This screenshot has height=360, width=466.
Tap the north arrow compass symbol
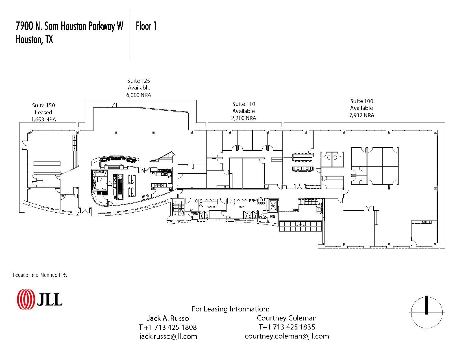tap(427, 312)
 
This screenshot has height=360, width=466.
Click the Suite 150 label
tap(43, 105)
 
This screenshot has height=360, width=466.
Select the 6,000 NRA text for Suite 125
tap(138, 95)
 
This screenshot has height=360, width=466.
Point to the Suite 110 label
tap(243, 104)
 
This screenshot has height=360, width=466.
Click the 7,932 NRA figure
tap(362, 115)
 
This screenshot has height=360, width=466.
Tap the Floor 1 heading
tap(146, 26)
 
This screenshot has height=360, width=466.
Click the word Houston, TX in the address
tap(34, 39)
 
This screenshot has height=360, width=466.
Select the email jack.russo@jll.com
tap(168, 336)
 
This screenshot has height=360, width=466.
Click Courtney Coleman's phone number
tap(287, 327)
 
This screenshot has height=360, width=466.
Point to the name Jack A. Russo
tap(168, 318)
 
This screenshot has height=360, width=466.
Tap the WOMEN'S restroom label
tap(212, 207)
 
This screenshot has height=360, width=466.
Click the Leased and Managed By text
tap(41, 275)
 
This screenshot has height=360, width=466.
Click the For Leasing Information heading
tap(230, 309)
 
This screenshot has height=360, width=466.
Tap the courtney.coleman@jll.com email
tap(287, 336)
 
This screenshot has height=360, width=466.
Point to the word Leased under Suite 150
tap(43, 112)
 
